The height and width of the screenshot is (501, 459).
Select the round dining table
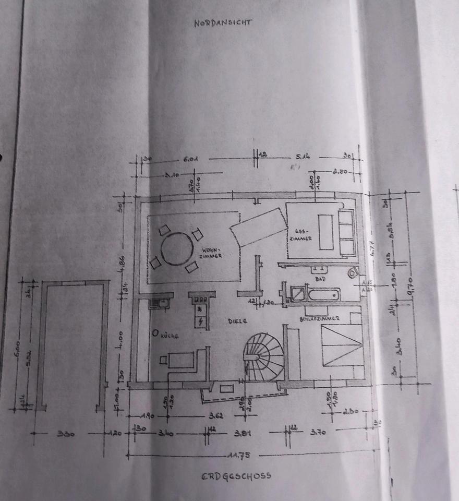(x=177, y=249)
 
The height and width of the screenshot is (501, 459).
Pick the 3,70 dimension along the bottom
(x=317, y=432)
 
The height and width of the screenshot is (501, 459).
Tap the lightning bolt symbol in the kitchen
(x=201, y=319)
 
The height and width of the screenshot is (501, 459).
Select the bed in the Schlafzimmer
(x=342, y=344)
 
